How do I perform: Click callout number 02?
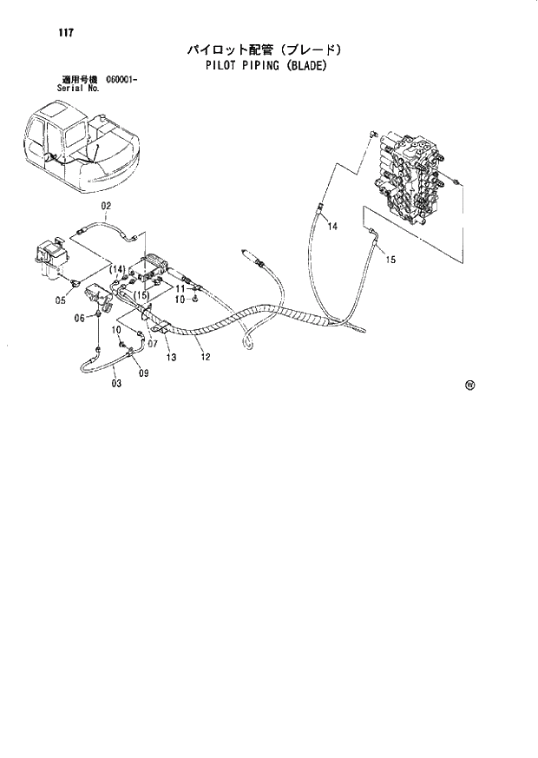[108, 206]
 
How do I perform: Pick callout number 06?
[79, 319]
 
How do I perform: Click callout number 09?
[143, 373]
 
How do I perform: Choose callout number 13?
[171, 357]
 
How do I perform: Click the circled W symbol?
[469, 387]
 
